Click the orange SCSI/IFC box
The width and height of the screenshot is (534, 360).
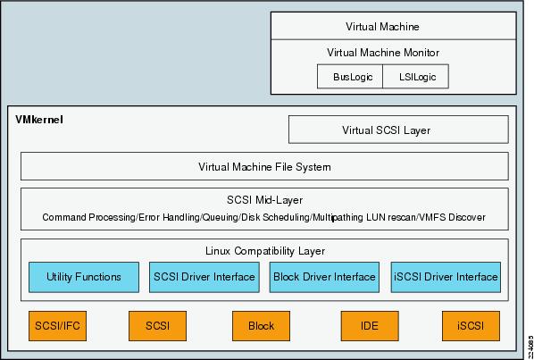[57, 326]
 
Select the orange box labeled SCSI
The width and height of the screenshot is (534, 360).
[158, 326]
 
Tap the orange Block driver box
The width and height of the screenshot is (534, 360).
[262, 326]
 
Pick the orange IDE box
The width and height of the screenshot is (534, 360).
[370, 326]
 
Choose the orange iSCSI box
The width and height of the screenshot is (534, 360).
[471, 326]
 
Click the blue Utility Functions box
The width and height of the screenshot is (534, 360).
[84, 277]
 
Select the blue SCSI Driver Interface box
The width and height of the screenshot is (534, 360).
[204, 277]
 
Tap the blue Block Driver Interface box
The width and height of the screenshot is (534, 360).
[324, 277]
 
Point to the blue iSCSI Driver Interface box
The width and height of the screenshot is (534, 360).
[446, 277]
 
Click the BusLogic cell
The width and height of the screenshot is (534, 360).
[350, 77]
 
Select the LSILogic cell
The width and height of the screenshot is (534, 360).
[415, 77]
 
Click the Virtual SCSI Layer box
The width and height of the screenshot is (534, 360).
[398, 130]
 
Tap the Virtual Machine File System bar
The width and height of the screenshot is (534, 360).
[264, 166]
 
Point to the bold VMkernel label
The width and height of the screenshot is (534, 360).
[39, 120]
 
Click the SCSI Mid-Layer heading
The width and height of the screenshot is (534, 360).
[264, 200]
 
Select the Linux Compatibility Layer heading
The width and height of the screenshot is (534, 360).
[265, 251]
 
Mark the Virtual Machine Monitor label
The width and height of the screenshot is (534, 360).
[383, 53]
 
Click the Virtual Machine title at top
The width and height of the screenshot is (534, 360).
[382, 27]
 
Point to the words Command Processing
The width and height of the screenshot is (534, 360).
[88, 217]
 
